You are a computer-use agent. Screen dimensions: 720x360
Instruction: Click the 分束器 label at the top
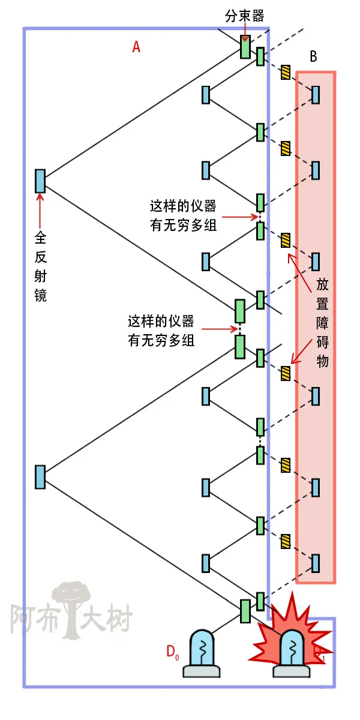(244, 16)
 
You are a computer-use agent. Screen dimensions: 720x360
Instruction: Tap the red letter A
(136, 47)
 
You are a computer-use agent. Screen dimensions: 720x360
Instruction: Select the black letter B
(313, 57)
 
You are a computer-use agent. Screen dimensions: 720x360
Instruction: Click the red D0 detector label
(173, 651)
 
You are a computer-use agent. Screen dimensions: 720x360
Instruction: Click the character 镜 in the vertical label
(40, 295)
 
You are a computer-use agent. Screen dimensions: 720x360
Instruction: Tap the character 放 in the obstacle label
(322, 284)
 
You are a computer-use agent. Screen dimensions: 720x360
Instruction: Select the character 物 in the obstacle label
(322, 362)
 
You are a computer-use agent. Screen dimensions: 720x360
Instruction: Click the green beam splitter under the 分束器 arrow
(245, 47)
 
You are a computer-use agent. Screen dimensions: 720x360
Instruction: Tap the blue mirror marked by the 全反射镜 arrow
(40, 181)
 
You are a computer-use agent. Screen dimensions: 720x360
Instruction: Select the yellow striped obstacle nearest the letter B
(286, 73)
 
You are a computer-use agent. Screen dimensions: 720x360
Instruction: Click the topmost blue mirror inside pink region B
(315, 95)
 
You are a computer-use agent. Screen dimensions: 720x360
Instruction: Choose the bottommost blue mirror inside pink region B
(315, 563)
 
